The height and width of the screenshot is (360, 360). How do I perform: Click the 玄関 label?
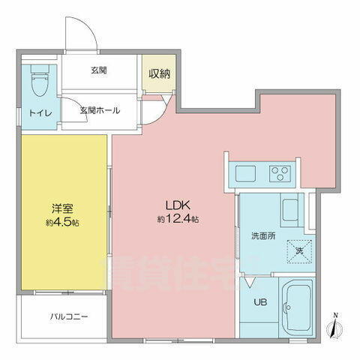pos(99,71)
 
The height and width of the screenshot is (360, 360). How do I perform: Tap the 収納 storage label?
pos(157,73)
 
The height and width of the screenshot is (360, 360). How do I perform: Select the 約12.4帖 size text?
pos(178,220)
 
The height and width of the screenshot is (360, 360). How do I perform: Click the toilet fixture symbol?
pos(38,79)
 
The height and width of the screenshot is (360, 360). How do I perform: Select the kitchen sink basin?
pos(246,174)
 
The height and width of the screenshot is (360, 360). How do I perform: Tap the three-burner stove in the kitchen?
pos(281,174)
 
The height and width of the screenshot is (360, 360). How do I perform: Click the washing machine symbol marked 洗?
pos(298,250)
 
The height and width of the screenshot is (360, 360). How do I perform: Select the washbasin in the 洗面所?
pos(291,207)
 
